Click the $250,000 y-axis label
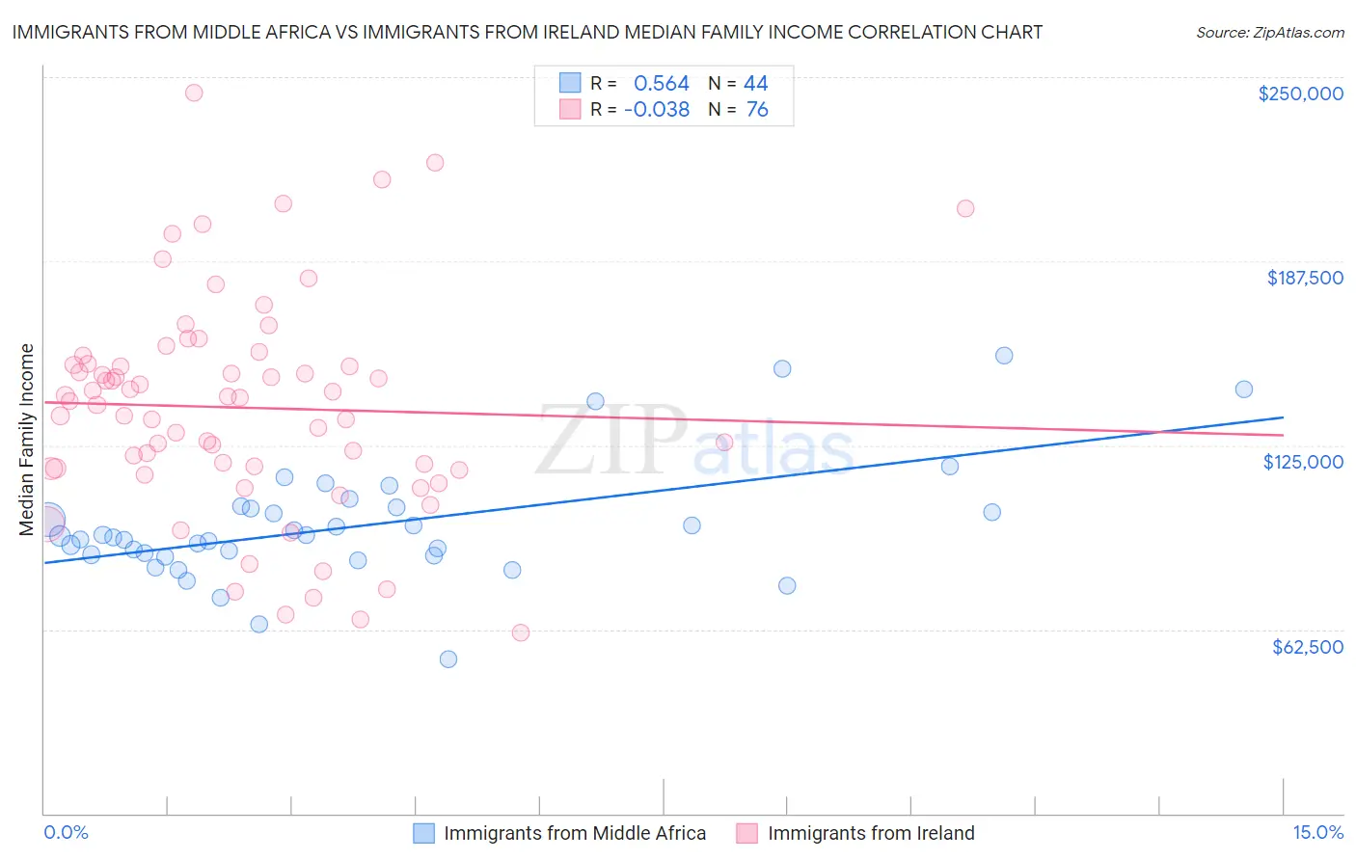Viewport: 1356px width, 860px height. click(1300, 94)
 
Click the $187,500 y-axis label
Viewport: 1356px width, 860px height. click(1304, 278)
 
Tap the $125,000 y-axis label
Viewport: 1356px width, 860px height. click(1303, 462)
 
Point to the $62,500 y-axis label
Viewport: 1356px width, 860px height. click(1307, 647)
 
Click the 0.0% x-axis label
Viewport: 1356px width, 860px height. click(66, 833)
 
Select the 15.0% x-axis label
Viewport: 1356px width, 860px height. click(1317, 833)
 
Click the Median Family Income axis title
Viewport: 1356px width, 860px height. click(27, 440)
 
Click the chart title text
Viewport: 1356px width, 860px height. click(527, 32)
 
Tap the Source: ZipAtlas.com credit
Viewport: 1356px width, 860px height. click(1269, 33)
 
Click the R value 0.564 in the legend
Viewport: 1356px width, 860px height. click(661, 84)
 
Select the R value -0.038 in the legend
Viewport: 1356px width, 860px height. click(657, 110)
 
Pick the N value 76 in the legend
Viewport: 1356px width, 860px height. click(757, 110)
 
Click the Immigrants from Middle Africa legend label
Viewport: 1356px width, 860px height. click(575, 833)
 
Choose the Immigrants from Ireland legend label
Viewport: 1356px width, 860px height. click(871, 833)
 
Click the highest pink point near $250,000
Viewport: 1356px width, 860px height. click(194, 93)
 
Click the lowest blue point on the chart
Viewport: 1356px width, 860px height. click(448, 659)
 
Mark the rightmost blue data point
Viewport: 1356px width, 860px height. click(1244, 390)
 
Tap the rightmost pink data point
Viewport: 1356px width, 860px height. click(965, 208)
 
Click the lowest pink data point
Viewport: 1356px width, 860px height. click(521, 632)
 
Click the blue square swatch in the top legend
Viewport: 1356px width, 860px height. click(570, 83)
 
